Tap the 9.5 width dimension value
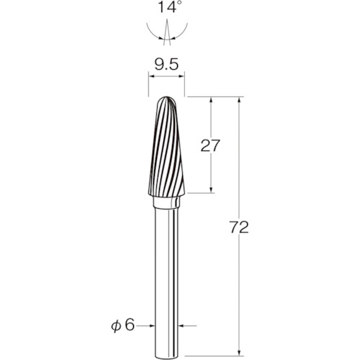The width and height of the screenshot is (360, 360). click(x=166, y=65)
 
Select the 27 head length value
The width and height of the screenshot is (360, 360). click(x=210, y=145)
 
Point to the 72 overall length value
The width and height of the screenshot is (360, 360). click(x=239, y=228)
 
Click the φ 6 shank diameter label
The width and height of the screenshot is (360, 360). click(x=122, y=325)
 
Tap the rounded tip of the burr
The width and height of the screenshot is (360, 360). click(x=166, y=98)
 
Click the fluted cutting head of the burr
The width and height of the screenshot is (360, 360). click(x=166, y=147)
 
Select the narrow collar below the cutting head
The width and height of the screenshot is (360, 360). click(x=166, y=202)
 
